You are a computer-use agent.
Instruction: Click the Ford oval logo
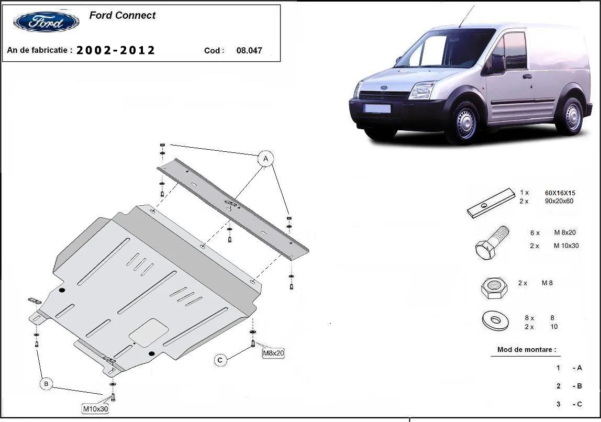tap(46, 22)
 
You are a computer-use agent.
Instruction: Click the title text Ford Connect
tap(122, 16)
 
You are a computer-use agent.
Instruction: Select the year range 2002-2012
tap(116, 50)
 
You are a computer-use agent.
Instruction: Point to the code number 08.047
tap(249, 51)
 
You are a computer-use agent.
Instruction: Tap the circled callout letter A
tap(265, 158)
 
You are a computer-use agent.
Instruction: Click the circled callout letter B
tap(46, 384)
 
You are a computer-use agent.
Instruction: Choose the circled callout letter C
tap(220, 360)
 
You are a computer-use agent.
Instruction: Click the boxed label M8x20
tap(273, 353)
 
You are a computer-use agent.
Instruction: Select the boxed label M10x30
tap(95, 409)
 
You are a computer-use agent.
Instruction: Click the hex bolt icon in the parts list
tap(492, 242)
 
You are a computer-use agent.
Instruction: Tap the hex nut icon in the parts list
tap(494, 287)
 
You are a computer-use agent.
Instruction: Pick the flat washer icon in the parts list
tap(494, 320)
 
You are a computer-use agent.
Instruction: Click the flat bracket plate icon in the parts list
tap(491, 203)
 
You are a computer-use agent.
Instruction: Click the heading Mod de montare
tap(526, 349)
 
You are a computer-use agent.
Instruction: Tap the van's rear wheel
tap(570, 116)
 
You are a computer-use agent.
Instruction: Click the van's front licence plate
tap(377, 109)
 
